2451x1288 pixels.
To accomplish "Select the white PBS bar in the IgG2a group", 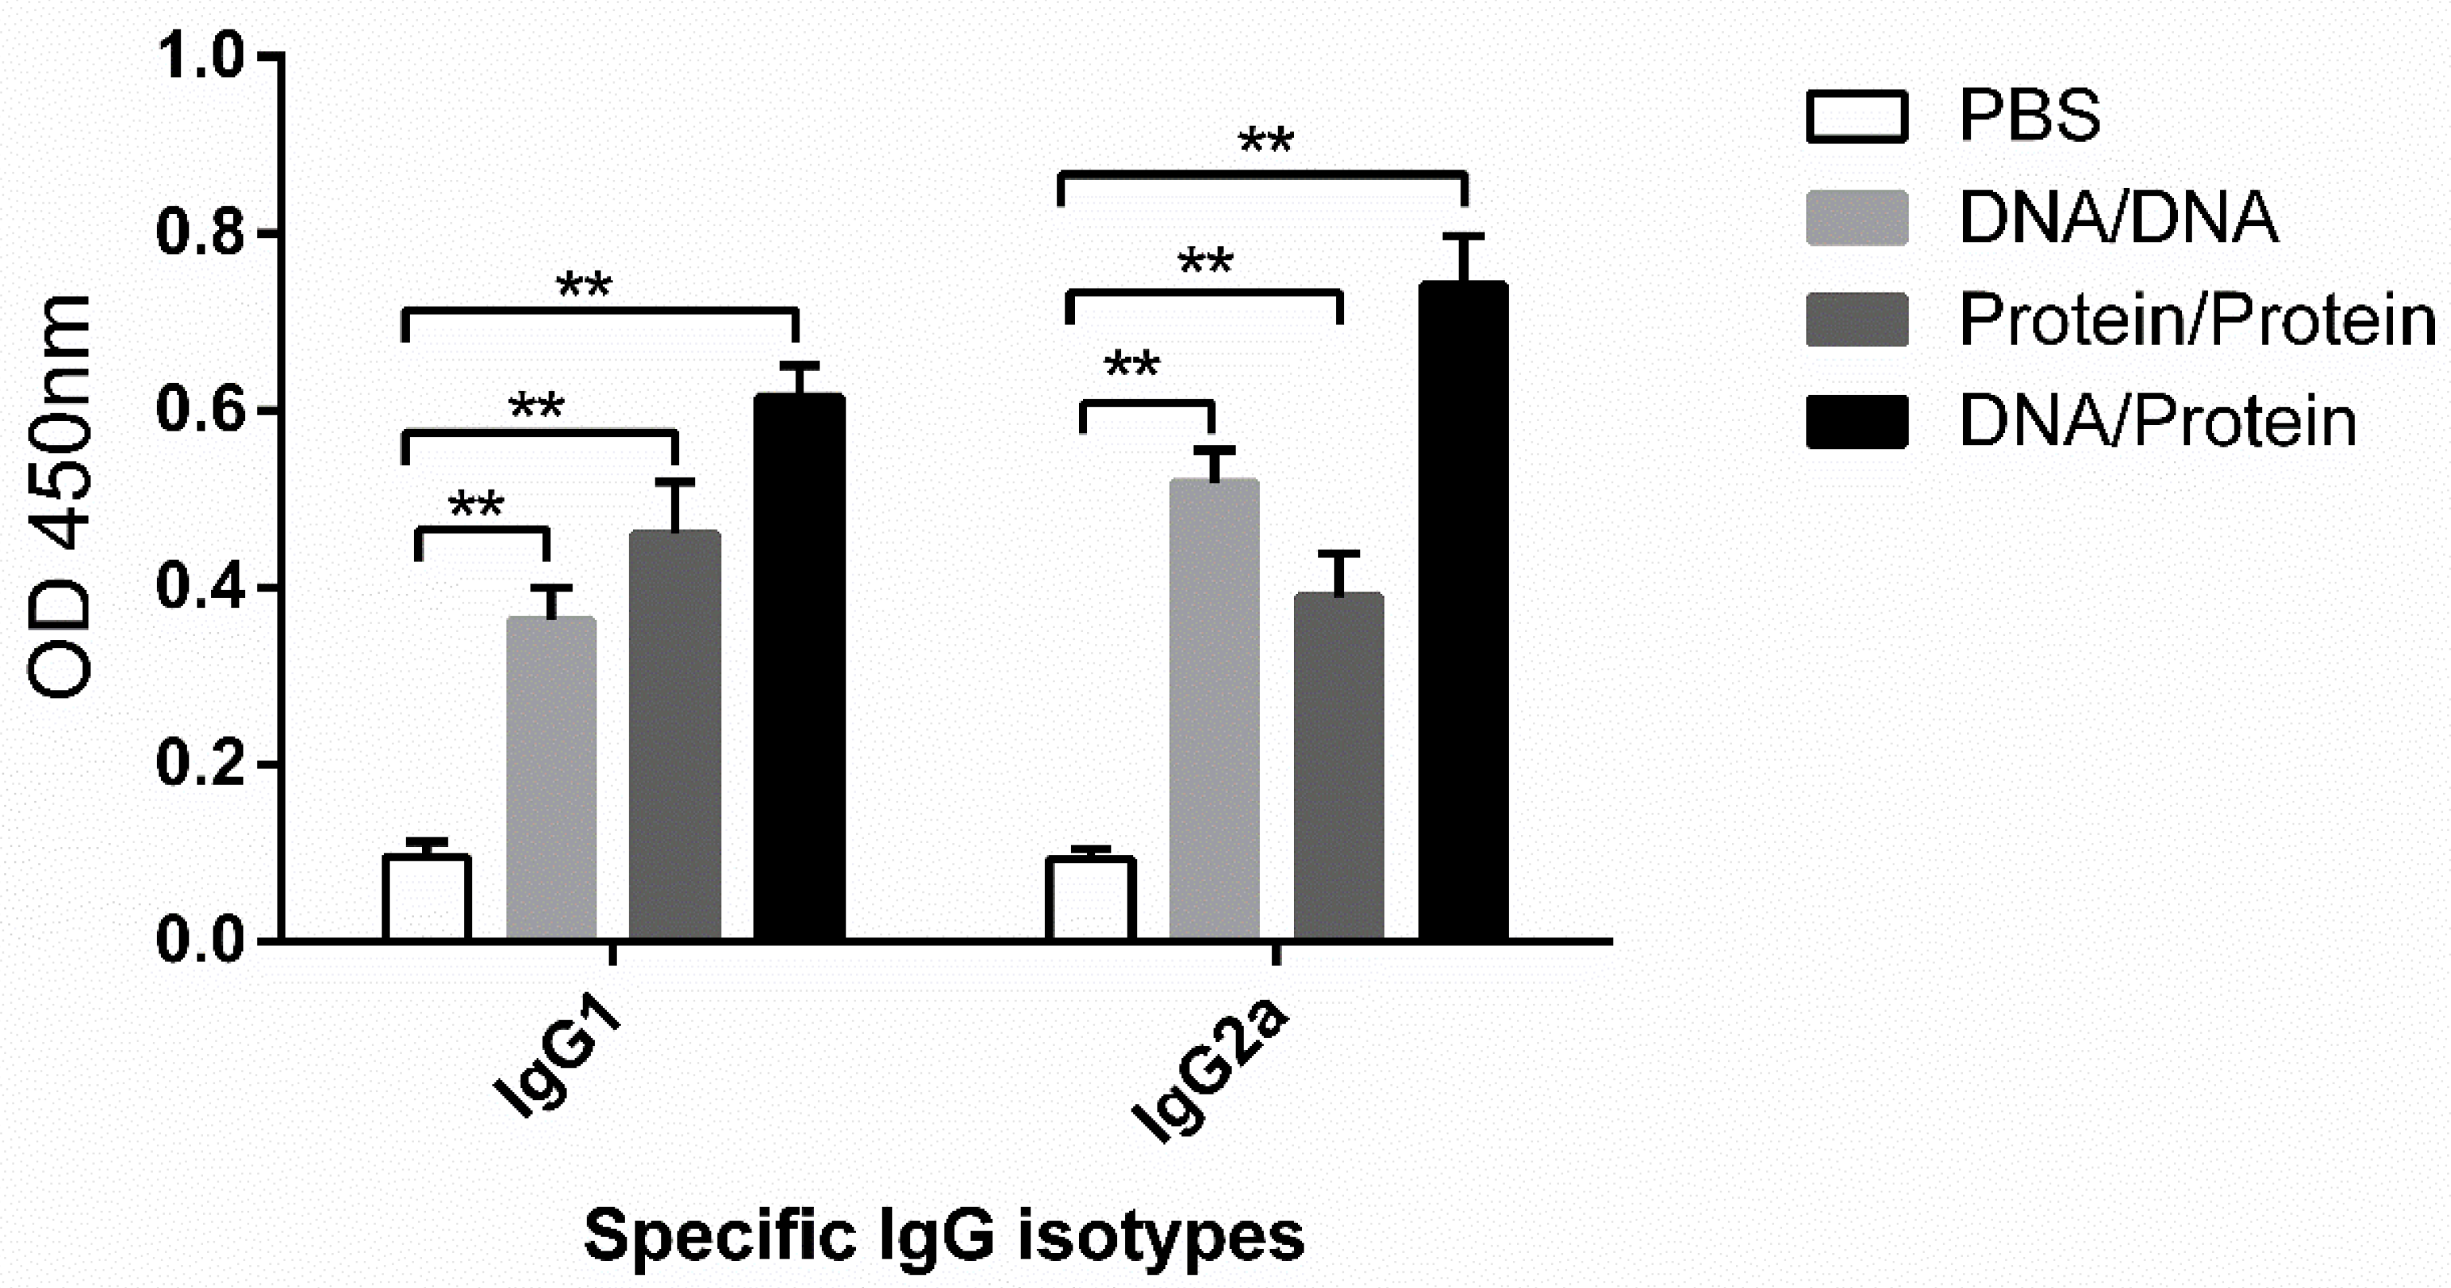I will coord(1090,898).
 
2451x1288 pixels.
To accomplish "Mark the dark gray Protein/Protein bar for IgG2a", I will coord(1339,767).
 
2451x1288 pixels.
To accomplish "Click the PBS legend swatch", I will coord(1856,116).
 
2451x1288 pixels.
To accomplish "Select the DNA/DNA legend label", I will coord(2118,218).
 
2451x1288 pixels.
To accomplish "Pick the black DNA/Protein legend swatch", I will coord(1856,421).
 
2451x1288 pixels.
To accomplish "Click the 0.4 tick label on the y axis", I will coord(201,587).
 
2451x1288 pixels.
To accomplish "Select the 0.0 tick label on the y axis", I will coord(201,941).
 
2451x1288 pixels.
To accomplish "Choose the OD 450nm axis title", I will coord(59,494).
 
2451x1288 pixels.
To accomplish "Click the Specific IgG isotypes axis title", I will coord(944,1235).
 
